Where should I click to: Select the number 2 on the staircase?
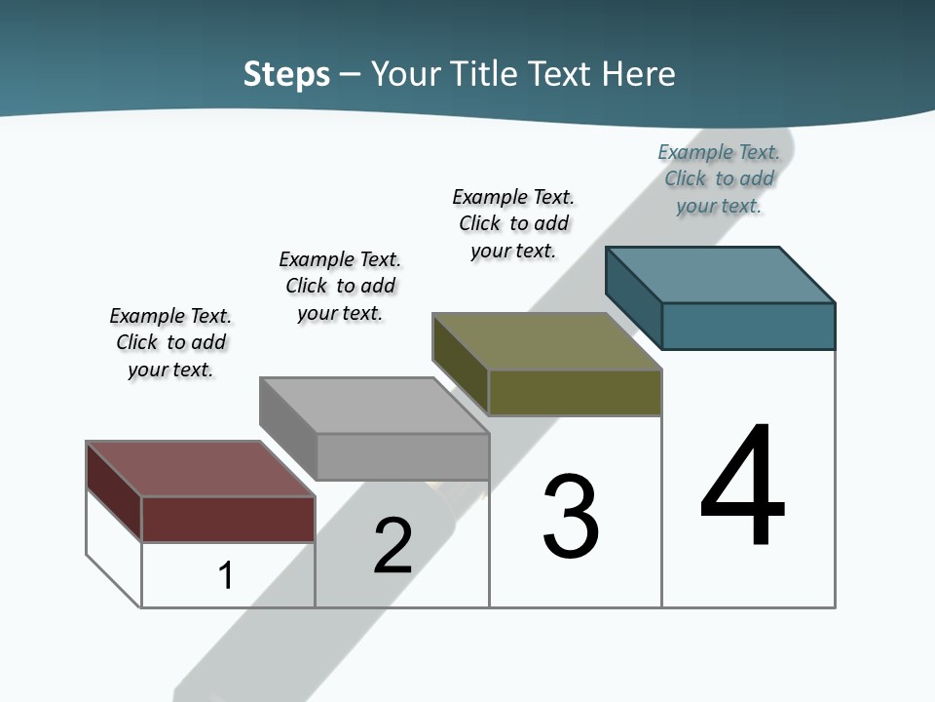coord(393,546)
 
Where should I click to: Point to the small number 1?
coord(225,575)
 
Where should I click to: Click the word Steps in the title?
coord(286,74)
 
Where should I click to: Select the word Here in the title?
coord(639,74)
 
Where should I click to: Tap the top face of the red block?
coord(200,469)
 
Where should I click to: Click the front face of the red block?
coord(228,519)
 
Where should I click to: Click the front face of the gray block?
coord(402,456)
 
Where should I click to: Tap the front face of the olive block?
coord(575,392)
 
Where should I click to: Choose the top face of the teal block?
coord(720,274)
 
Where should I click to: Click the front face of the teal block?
coord(748,326)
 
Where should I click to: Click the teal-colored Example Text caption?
coord(719,178)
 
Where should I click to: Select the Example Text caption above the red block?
coord(170,342)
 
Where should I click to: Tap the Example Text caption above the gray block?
coord(340,286)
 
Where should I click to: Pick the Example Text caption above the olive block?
coord(513,223)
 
